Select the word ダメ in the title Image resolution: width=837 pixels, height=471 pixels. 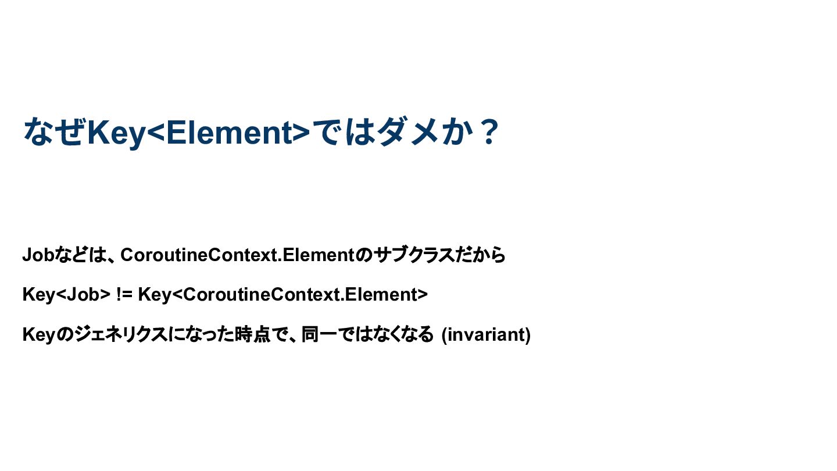[408, 131]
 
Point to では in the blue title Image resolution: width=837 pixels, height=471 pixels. [344, 131]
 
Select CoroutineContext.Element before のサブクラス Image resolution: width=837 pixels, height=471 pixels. [237, 255]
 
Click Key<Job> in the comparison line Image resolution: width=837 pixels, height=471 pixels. [66, 295]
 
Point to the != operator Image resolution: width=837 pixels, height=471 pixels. [124, 295]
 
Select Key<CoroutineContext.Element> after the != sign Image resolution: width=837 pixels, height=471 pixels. [283, 295]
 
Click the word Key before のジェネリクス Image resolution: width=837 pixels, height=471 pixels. [39, 334]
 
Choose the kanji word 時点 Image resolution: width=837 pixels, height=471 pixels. [253, 334]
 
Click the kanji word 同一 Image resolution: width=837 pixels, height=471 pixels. [320, 334]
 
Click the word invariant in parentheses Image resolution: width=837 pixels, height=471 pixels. [486, 334]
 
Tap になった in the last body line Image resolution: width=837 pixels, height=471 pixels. [201, 334]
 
